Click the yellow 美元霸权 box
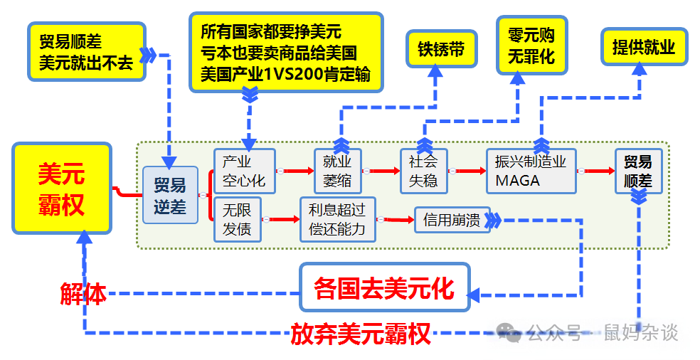(62, 189)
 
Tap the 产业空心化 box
(243, 171)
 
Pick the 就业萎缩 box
(337, 171)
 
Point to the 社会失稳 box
(423, 171)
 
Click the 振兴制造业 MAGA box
(531, 171)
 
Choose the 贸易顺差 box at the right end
(638, 171)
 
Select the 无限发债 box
(238, 220)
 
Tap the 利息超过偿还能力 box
(337, 220)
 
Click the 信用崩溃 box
(452, 221)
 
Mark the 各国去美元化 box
(385, 287)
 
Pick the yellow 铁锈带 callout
(441, 49)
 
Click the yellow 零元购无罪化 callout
(531, 46)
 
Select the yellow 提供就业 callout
(643, 47)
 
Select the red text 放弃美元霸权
(361, 333)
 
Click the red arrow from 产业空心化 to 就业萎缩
(295, 171)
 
